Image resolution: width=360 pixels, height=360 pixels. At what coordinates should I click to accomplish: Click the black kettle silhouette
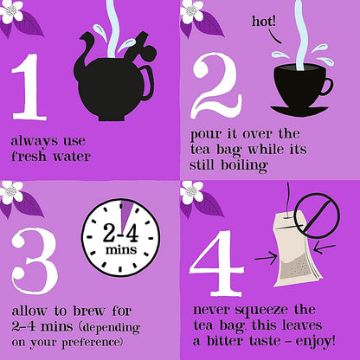point(112,74)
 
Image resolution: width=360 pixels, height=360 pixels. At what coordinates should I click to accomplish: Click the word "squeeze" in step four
point(261,309)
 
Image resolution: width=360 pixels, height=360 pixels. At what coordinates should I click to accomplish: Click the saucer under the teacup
point(299,110)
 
